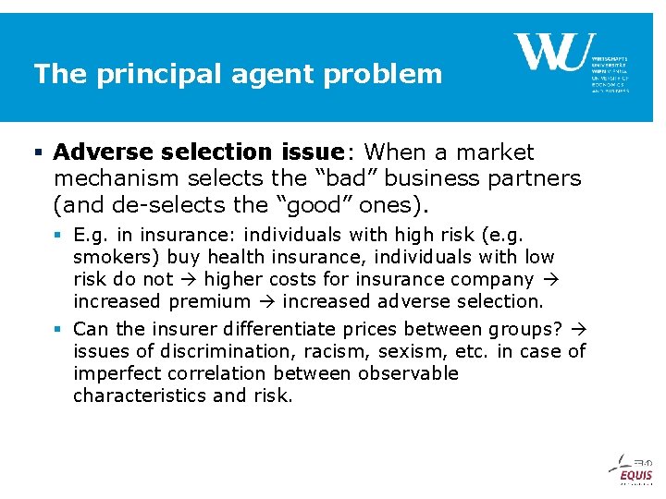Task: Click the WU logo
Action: point(554,53)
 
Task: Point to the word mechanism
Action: point(117,177)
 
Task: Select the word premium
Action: point(210,301)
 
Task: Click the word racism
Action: point(303,351)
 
